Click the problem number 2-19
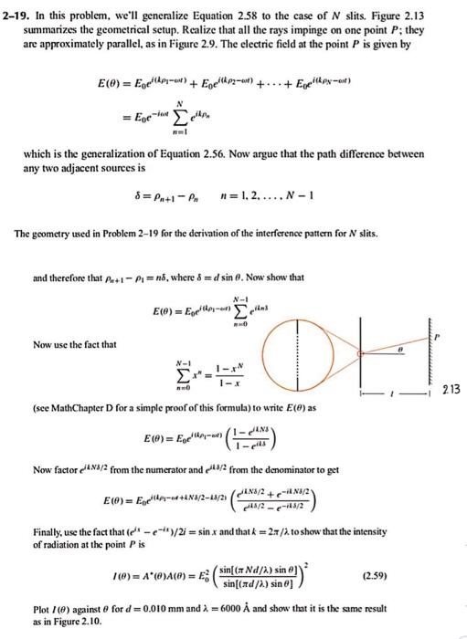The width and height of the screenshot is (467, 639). click(19, 8)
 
